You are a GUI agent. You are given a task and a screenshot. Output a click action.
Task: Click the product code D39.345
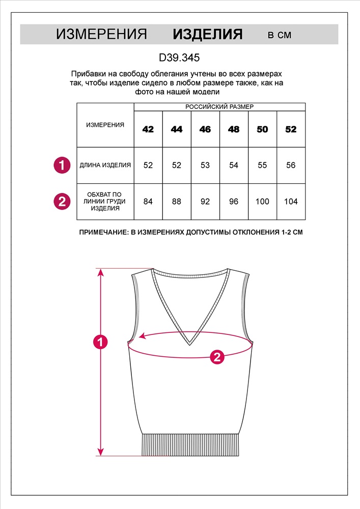pos(179,58)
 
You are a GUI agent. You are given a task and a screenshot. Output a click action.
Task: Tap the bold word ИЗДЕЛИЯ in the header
pos(208,35)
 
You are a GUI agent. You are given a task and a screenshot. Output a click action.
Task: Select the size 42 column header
pos(148,129)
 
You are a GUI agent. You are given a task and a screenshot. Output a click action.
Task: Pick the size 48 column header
pos(234,129)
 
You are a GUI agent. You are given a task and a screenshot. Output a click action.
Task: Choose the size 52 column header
pos(291,129)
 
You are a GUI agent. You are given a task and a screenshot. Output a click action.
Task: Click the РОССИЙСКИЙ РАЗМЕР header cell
pos(219,107)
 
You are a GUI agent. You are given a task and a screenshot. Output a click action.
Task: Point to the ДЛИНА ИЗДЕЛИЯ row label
pos(105,165)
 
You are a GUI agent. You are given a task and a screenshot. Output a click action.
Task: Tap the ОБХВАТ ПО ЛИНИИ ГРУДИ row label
pos(105,202)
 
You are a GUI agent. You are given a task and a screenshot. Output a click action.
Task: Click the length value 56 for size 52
pos(291,165)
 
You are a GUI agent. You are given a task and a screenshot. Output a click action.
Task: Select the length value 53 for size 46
pos(205,165)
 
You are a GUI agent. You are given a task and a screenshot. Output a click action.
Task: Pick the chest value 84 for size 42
pos(148,202)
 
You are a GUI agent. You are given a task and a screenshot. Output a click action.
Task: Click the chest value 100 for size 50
pos(262,202)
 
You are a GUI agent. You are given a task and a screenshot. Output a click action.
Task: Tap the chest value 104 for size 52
pos(291,202)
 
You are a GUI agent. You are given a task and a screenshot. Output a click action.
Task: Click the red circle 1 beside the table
pos(62,165)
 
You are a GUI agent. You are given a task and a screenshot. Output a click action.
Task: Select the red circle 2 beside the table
pos(62,202)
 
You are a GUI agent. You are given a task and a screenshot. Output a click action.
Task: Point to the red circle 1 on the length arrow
pos(101,342)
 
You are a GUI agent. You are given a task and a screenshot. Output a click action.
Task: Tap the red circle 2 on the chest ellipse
pos(217,357)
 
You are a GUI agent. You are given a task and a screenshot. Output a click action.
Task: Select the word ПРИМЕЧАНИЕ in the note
pos(103,233)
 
